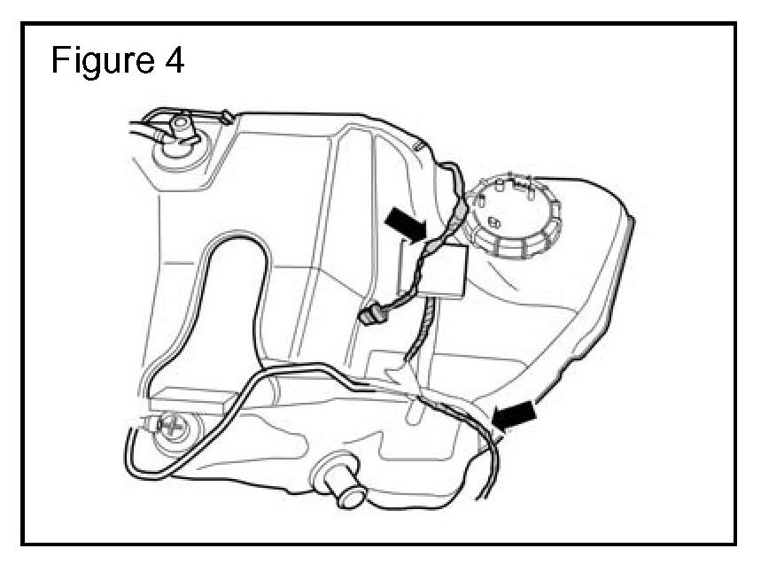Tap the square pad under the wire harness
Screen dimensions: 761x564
443,271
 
